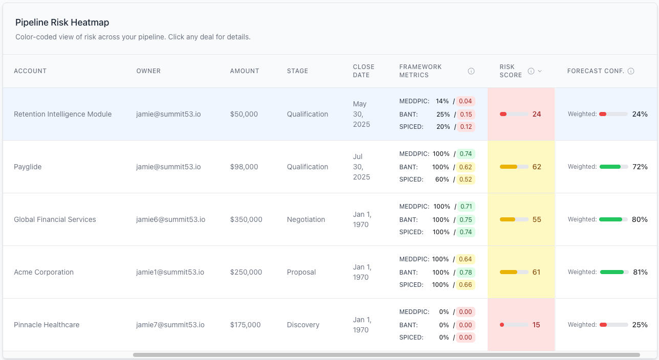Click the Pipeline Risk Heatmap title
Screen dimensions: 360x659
click(62, 22)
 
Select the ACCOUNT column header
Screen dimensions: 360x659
click(30, 71)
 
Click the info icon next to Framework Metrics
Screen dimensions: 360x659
click(471, 71)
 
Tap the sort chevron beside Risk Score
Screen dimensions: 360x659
click(540, 71)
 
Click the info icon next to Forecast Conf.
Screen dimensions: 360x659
click(631, 71)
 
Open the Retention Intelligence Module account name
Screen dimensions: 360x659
click(62, 114)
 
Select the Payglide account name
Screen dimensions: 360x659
click(28, 167)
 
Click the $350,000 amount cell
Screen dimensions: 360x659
click(246, 219)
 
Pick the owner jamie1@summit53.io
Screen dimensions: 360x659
click(170, 272)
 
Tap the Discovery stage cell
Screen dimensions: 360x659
click(303, 325)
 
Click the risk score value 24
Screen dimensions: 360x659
click(536, 114)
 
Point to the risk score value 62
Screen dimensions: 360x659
click(536, 167)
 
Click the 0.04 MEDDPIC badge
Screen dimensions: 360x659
click(466, 101)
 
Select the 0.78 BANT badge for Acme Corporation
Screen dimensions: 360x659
click(466, 273)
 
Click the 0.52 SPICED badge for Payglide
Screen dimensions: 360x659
click(466, 179)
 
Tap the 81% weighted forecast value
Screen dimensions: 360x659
click(640, 272)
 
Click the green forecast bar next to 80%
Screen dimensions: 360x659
click(613, 219)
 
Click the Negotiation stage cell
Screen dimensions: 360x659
click(306, 219)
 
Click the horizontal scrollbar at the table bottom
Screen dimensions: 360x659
click(386, 355)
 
